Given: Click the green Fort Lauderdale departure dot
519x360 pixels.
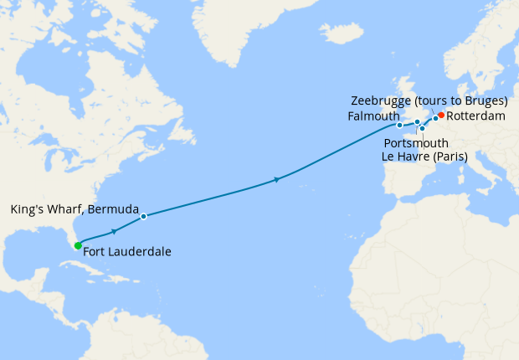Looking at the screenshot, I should coord(78,245).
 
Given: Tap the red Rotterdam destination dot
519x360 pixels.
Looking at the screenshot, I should coord(441,116).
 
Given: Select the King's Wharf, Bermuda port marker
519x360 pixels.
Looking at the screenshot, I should coord(143,216).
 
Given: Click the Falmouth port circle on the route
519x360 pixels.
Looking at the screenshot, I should coord(399,126).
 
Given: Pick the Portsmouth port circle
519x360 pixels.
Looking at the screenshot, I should coord(417,122).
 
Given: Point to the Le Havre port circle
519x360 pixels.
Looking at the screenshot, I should coord(422,129).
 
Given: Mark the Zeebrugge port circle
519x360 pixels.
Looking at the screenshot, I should coord(435,118).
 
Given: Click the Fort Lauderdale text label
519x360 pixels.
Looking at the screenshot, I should coord(128,251).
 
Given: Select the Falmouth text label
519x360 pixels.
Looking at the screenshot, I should coord(371,117).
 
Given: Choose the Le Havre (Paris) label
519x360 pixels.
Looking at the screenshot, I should coord(424,156).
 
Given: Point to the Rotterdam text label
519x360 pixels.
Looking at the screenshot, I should coord(475,116).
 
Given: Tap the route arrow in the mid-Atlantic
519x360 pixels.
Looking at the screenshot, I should coord(276,179).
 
